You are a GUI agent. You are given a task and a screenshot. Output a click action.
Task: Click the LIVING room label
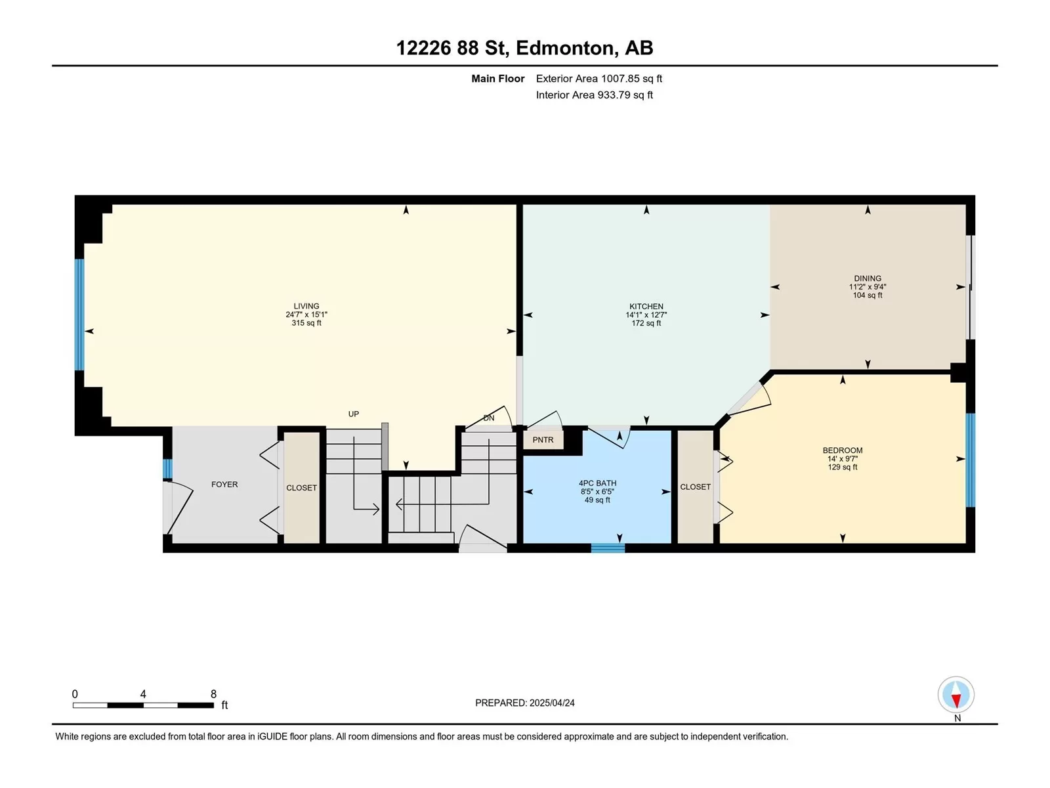(306, 306)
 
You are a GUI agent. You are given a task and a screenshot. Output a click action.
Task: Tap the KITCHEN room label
(646, 307)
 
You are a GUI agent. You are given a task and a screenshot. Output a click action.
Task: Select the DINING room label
(868, 278)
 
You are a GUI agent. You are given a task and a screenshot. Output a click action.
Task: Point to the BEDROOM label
(843, 450)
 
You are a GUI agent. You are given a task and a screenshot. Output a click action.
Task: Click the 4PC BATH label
(597, 483)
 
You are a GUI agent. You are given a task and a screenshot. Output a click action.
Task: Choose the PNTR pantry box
(543, 440)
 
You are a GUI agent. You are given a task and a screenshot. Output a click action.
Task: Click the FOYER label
(224, 484)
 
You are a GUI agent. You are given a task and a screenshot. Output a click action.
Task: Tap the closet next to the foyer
(301, 487)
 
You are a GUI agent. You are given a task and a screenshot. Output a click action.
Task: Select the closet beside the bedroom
(696, 487)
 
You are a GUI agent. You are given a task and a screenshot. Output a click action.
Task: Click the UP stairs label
(354, 414)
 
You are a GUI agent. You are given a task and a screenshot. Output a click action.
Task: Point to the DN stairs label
(488, 418)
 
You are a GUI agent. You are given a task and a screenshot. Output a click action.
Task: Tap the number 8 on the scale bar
(213, 693)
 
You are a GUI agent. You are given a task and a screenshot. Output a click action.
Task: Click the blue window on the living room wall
(79, 315)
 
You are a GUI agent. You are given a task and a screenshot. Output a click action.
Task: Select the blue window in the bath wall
(608, 548)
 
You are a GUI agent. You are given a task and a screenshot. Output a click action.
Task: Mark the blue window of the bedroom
(970, 460)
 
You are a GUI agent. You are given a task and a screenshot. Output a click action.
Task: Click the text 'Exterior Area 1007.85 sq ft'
(599, 78)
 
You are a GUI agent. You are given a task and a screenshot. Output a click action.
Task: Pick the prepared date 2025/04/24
(551, 703)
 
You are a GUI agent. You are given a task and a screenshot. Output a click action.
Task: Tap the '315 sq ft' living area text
(306, 323)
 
